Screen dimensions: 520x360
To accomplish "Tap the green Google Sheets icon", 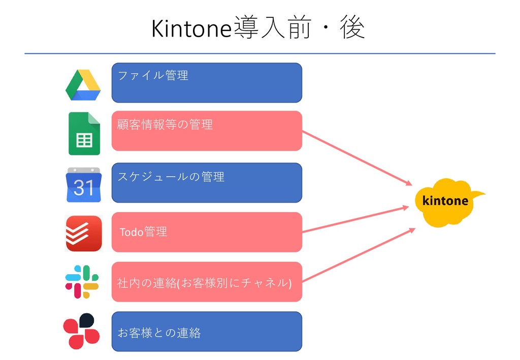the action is click(84, 133).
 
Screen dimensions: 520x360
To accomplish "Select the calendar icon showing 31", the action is click(84, 185).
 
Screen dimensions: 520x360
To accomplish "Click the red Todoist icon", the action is click(84, 234).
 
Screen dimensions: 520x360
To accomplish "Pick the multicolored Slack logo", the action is click(82, 282).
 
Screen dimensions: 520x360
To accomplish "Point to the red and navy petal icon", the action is click(81, 331).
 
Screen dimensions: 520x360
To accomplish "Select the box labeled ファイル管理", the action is click(207, 83).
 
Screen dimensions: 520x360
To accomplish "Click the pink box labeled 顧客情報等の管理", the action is click(207, 131).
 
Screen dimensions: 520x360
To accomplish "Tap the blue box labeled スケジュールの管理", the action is click(207, 183).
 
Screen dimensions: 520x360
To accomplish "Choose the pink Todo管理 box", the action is click(207, 232).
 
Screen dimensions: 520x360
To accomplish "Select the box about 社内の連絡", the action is click(207, 282).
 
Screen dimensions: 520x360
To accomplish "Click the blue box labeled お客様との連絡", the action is click(207, 332).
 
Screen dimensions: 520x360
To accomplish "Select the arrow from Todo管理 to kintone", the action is click(355, 219).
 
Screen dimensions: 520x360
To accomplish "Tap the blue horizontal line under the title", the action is click(259, 53).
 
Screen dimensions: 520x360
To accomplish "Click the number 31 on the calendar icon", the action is click(84, 188).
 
